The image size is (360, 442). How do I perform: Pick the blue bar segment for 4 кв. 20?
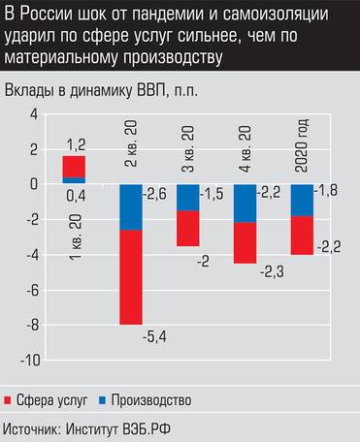tap(245, 203)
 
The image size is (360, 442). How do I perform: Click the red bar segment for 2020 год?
tap(303, 235)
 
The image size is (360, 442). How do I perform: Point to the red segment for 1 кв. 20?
tap(74, 167)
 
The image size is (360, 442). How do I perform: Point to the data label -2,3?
tap(272, 272)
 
